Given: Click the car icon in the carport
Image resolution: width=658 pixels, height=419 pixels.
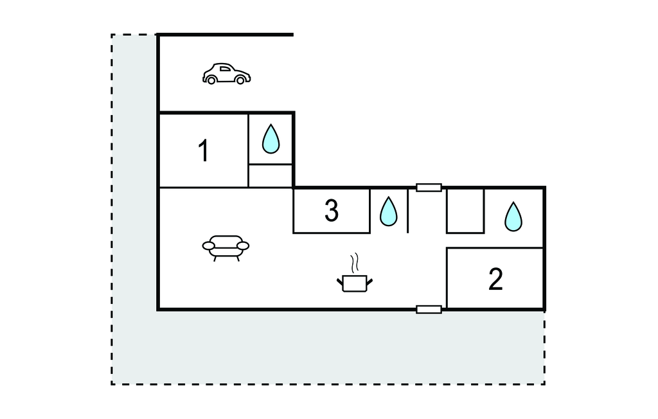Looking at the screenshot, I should [226, 74].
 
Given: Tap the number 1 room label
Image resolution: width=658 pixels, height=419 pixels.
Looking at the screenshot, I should [203, 152].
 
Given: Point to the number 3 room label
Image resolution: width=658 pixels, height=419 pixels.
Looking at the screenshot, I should [331, 211].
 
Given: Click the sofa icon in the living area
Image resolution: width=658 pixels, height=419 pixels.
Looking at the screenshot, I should [226, 246].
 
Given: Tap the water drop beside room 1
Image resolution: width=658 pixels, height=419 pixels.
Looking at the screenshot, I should [271, 138].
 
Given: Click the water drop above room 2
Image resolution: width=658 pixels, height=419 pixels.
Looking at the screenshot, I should [513, 217].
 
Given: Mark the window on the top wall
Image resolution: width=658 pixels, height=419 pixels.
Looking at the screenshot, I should [429, 188].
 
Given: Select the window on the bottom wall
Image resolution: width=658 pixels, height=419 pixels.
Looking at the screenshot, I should [429, 310].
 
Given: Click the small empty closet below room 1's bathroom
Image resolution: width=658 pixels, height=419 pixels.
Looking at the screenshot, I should [271, 175].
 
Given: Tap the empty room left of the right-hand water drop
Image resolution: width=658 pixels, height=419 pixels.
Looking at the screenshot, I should [465, 211].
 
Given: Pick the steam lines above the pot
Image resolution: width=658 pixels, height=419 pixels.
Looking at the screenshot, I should [354, 263].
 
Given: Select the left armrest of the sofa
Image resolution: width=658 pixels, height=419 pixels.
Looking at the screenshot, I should [209, 245].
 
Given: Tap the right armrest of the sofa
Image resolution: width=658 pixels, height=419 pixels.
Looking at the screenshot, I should [243, 245].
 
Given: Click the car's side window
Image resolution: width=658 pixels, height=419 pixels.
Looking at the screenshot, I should [224, 68].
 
